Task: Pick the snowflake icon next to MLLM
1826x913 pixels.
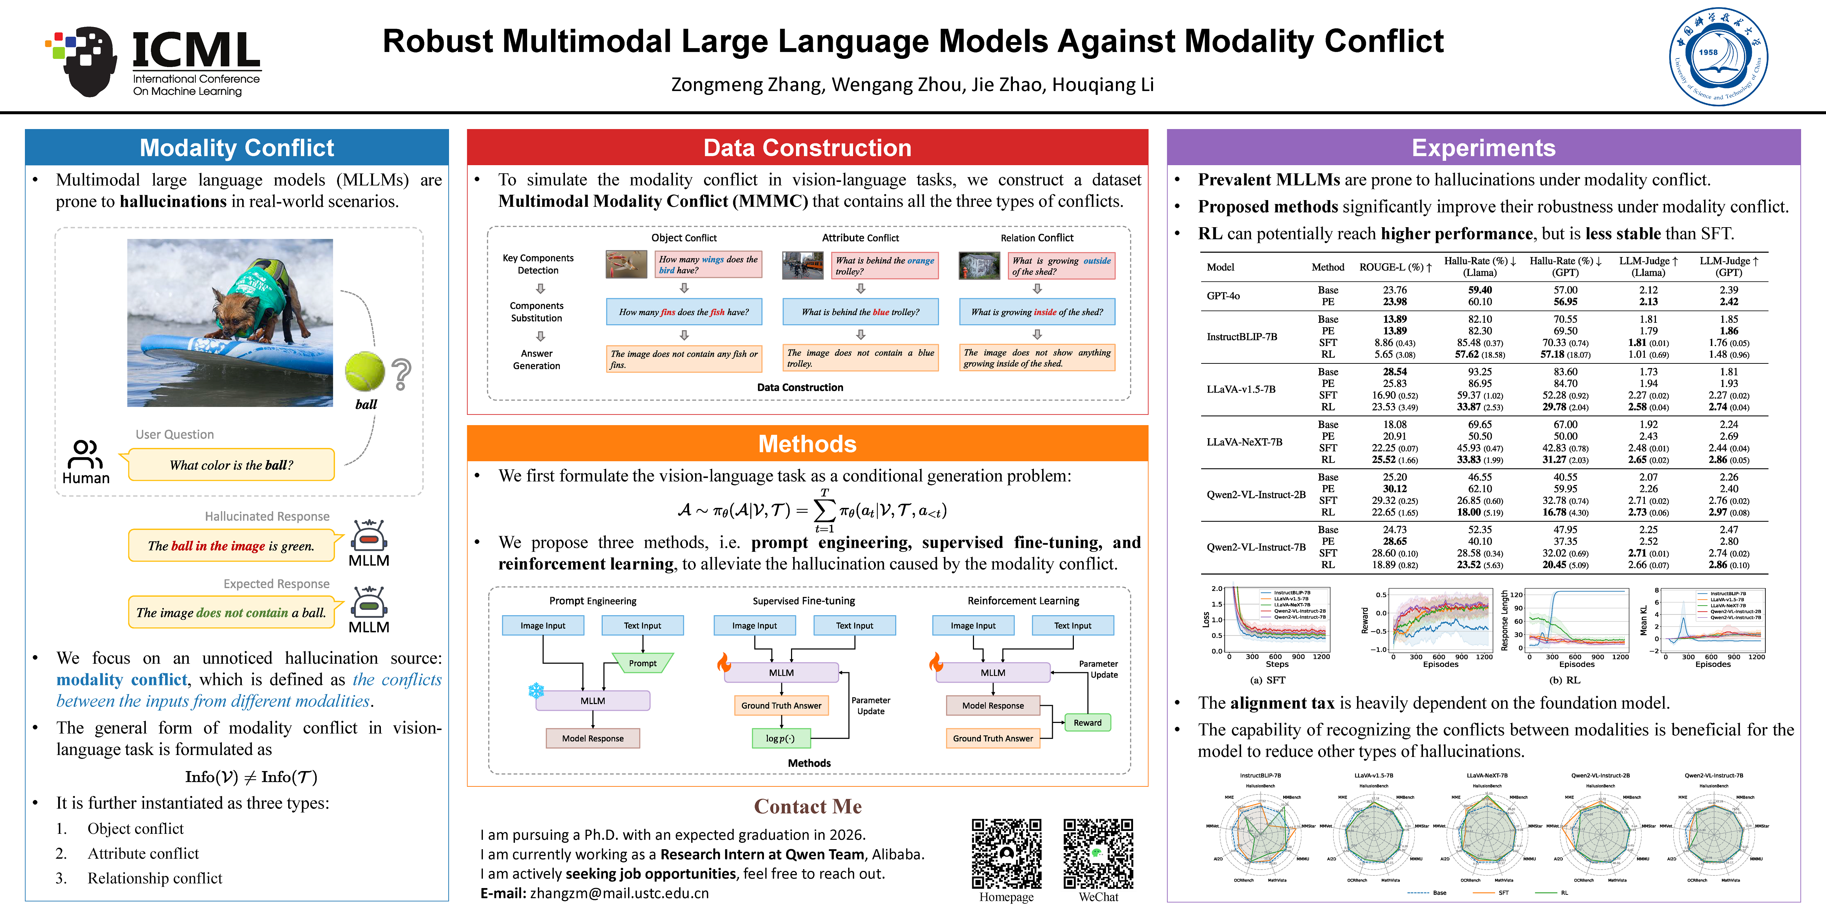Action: (536, 690)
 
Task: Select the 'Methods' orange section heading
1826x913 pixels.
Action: (807, 444)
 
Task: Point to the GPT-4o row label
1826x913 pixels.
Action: (1224, 296)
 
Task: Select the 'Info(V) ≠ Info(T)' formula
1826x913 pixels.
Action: (251, 777)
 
